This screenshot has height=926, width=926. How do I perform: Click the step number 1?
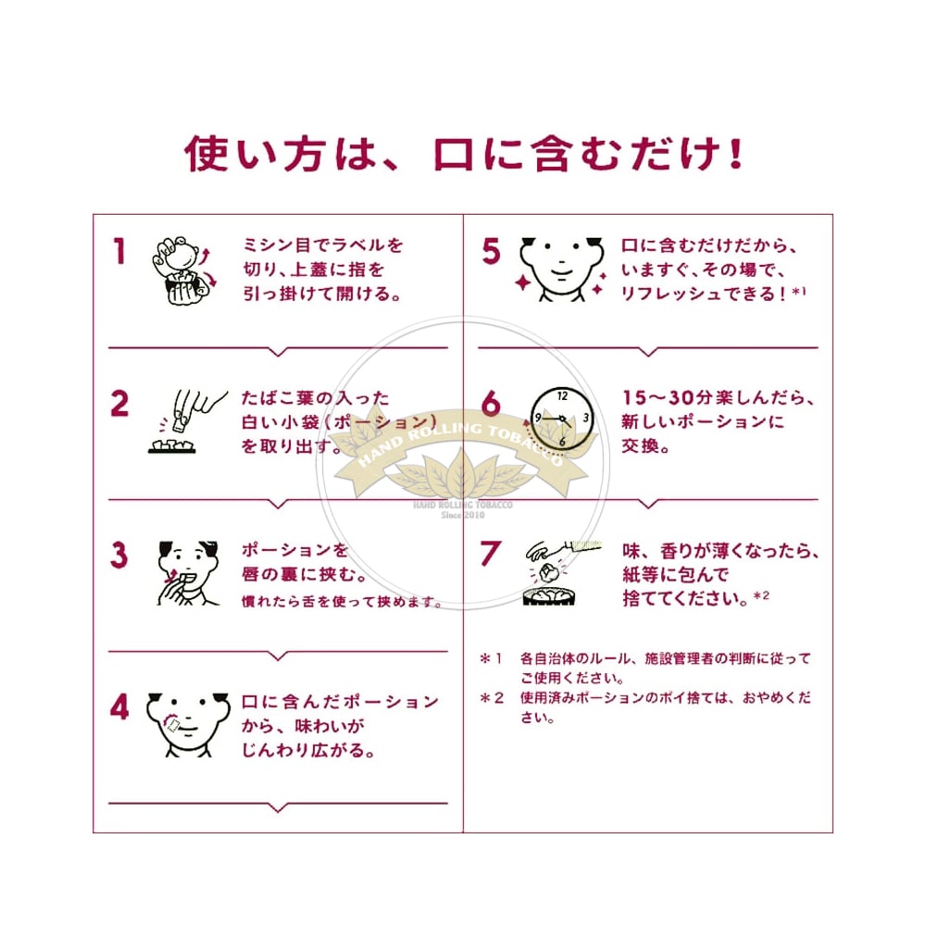point(119,251)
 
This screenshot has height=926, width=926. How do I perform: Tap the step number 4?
point(119,707)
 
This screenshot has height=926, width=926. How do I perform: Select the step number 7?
point(491,554)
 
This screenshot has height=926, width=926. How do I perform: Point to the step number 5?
point(491,251)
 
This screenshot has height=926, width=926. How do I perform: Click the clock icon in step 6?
point(561,419)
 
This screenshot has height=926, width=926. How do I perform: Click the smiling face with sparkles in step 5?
point(562,269)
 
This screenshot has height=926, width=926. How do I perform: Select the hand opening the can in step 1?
point(183,270)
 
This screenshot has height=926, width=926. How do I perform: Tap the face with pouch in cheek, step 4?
point(188,725)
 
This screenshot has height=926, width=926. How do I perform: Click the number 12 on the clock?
point(562,396)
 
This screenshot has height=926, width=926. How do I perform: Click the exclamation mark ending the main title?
point(735,154)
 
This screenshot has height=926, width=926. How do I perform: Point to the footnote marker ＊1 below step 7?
point(491,658)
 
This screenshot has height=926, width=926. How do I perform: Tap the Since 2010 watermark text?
point(463,515)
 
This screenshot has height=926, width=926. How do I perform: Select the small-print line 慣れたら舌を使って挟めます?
point(343,602)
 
